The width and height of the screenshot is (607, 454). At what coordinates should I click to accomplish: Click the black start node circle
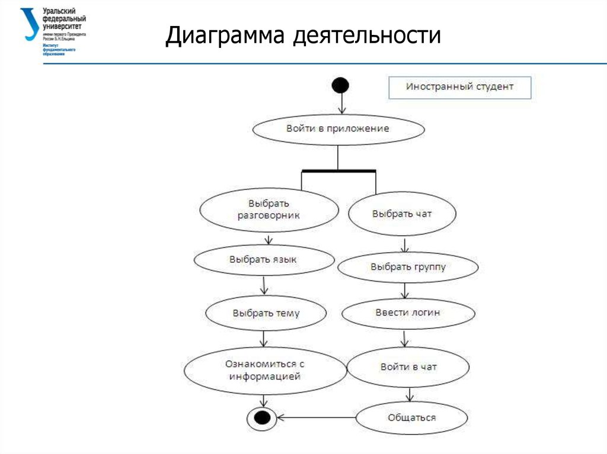[x=340, y=86]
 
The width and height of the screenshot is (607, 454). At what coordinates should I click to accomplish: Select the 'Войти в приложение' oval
[x=338, y=128]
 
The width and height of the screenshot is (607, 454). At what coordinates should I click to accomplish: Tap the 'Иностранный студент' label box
[x=459, y=87]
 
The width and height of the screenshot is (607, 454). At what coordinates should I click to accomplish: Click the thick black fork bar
[x=338, y=171]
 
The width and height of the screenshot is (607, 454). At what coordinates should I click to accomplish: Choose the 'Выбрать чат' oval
[x=402, y=214]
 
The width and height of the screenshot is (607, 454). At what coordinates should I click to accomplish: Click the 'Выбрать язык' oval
[x=263, y=260]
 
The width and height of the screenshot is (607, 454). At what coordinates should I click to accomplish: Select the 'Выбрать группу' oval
[x=408, y=268]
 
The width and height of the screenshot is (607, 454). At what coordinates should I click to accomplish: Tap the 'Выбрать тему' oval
[x=266, y=313]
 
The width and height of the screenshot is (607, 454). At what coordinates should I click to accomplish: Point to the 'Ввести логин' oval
[x=408, y=313]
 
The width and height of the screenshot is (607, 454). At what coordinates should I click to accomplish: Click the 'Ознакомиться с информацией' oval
[x=264, y=370]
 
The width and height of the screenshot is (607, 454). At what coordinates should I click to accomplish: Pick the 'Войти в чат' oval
[x=408, y=367]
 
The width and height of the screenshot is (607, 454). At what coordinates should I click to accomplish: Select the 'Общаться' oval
[x=411, y=417]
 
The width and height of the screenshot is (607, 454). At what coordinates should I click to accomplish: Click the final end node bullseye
[x=261, y=418]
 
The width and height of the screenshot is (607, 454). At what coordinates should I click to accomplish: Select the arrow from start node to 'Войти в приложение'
[x=341, y=105]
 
